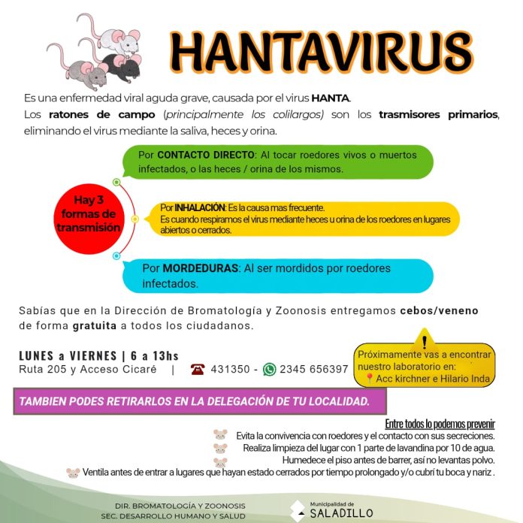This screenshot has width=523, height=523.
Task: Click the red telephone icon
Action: pos(198,369)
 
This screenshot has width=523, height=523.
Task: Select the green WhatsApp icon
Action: pos(269,369)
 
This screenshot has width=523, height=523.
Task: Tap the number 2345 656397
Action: pos(314,369)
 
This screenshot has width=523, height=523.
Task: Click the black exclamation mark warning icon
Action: pos(424,337)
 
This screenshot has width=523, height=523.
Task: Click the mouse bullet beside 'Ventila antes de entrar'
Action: pos(73,473)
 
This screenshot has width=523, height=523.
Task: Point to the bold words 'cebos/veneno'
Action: pos(440,310)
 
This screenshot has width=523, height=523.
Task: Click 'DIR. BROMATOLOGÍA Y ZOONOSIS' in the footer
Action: pos(180,505)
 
